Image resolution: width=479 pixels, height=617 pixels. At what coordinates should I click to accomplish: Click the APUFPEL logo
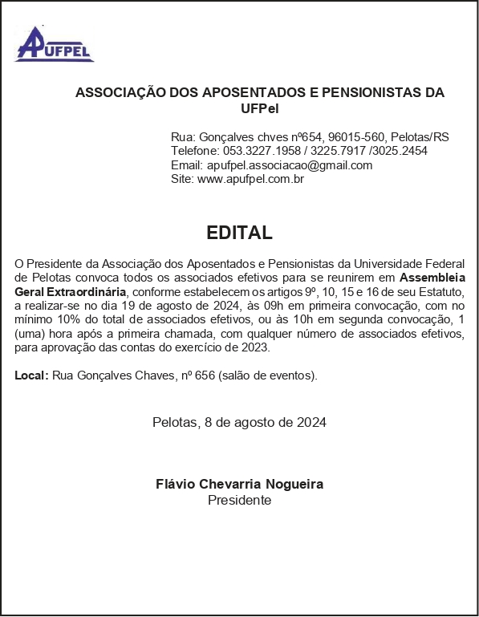[x=54, y=45]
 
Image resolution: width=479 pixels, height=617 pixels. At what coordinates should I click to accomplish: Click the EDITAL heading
[x=239, y=233]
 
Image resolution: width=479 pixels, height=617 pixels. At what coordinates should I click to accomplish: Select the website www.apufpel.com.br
[x=250, y=179]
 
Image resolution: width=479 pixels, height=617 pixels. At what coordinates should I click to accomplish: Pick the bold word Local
[x=30, y=375]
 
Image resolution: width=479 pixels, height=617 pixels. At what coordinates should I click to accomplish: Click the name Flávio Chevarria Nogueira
[x=239, y=484]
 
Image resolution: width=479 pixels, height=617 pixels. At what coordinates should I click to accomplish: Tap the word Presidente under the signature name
[x=239, y=500]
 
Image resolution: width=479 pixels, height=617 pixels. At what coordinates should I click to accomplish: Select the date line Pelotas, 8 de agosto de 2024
[x=239, y=422]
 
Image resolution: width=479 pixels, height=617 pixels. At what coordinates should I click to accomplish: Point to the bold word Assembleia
[x=432, y=277]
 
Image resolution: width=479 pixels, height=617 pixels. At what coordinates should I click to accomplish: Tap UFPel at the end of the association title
[x=259, y=108]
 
